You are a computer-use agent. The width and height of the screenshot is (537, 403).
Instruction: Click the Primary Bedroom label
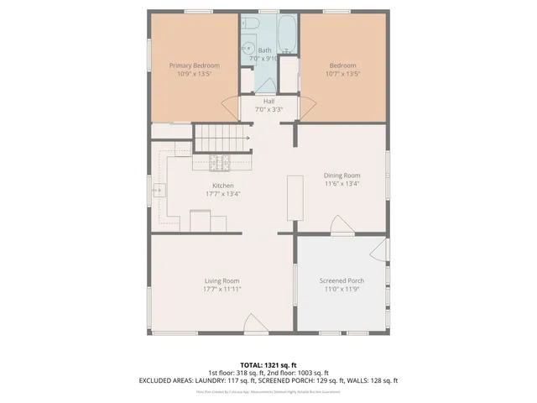point(194,65)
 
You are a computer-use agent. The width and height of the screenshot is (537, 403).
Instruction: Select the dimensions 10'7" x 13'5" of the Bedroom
point(342,74)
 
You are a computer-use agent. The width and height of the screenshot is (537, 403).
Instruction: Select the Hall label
point(268,102)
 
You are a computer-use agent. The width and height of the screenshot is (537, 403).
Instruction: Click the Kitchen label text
point(222,186)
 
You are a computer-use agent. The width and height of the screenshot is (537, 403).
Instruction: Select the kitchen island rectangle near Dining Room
point(295,198)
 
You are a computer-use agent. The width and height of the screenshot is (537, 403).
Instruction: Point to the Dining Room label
point(341,175)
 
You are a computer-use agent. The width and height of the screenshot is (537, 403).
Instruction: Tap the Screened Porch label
point(341,280)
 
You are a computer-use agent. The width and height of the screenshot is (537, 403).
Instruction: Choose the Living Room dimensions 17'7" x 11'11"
point(222,289)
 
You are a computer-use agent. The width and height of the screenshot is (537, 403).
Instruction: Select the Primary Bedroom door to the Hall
point(229,107)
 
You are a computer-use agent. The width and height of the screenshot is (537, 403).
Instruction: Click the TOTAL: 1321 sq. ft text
point(268,365)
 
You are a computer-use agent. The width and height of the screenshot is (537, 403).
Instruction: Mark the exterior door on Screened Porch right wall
point(380,249)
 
